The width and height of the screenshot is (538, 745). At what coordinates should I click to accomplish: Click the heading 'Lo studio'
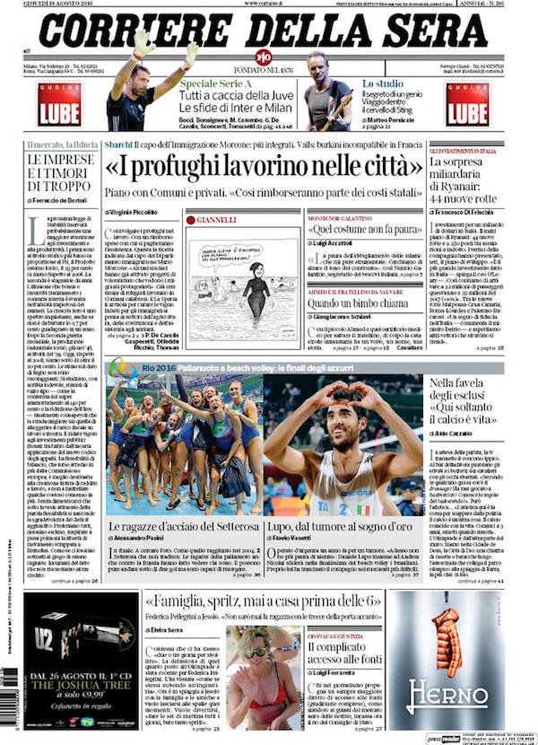point(379,83)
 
